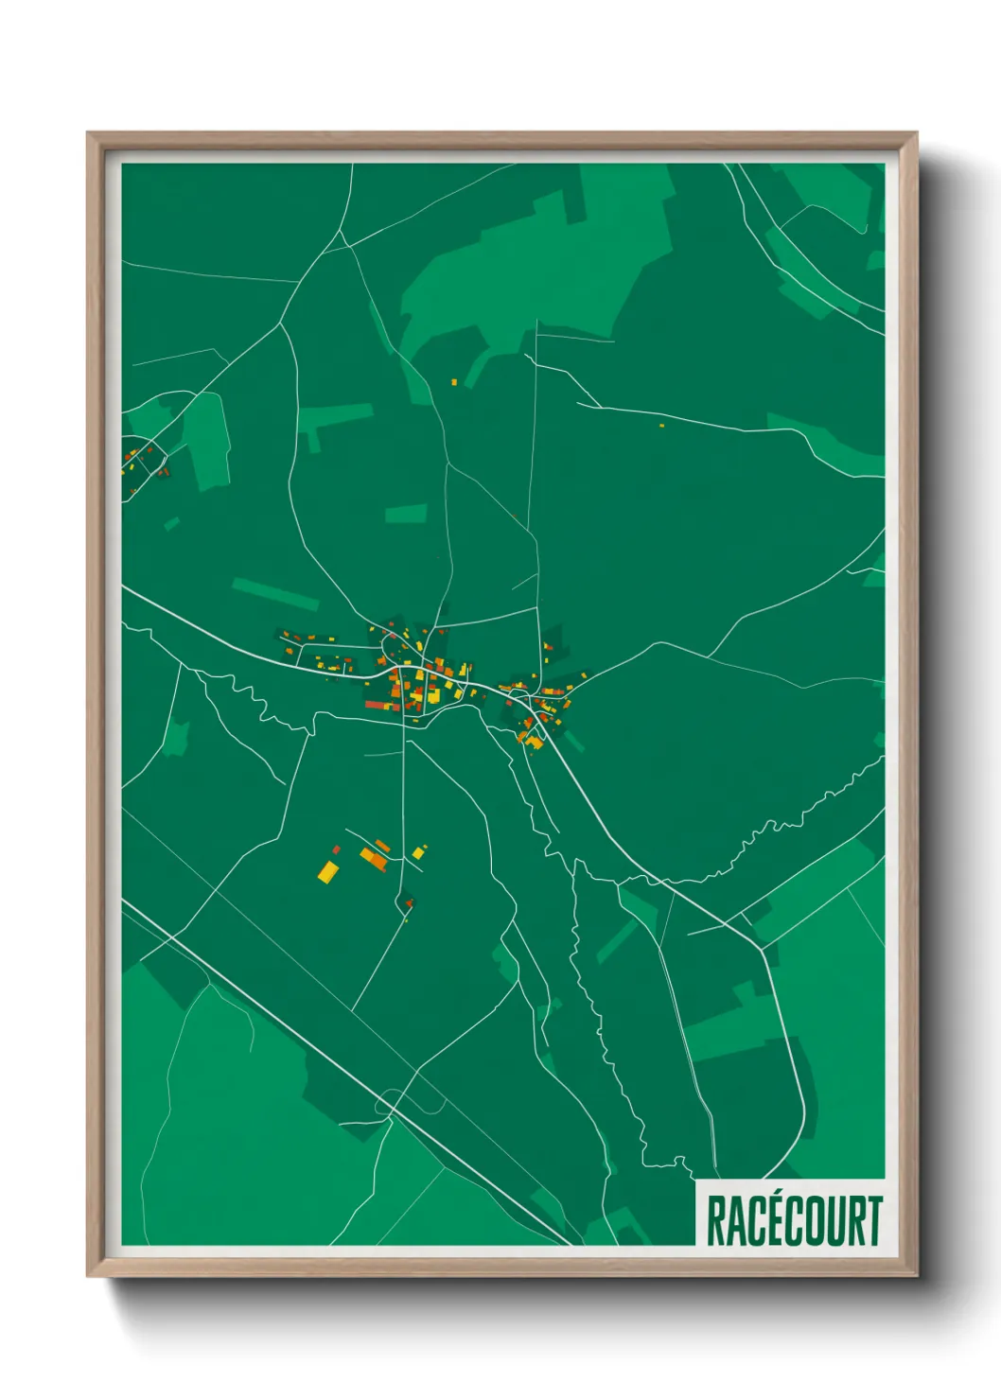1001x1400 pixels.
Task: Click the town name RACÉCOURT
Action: [793, 1220]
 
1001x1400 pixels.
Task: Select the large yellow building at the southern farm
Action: [327, 871]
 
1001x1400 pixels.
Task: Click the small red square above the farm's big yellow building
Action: [336, 849]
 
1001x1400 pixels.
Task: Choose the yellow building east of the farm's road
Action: [417, 853]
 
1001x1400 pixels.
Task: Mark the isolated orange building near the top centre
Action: [453, 382]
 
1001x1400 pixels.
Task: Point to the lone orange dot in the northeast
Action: [661, 426]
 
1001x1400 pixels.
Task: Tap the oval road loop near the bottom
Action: [410, 1102]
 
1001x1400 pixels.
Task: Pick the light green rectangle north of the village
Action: [406, 514]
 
